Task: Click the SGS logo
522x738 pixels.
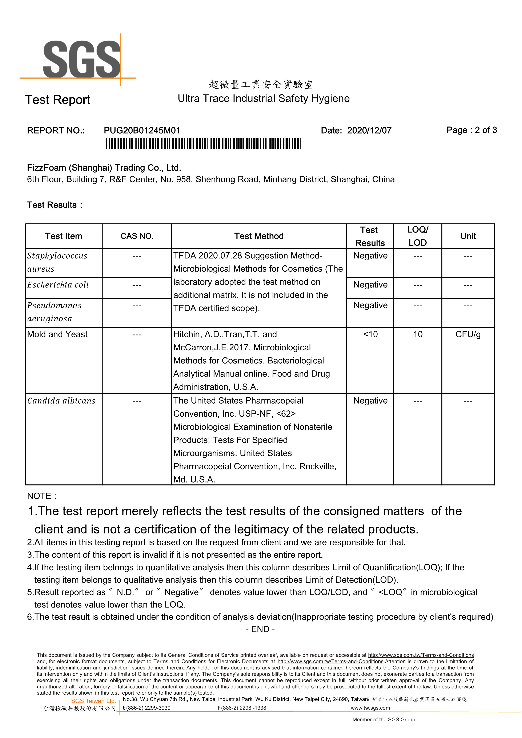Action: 82,60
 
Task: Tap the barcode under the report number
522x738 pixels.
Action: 203,143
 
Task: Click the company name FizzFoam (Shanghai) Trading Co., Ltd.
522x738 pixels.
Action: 104,168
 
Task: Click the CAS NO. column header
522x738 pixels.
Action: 137,236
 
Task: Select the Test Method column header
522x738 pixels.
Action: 259,236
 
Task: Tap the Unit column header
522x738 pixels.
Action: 468,236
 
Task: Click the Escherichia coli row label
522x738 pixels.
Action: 58,285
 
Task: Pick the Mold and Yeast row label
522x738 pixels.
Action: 57,334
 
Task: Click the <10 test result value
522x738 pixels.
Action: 370,334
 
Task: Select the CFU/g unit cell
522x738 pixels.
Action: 468,334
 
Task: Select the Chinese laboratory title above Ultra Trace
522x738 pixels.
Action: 261,85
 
